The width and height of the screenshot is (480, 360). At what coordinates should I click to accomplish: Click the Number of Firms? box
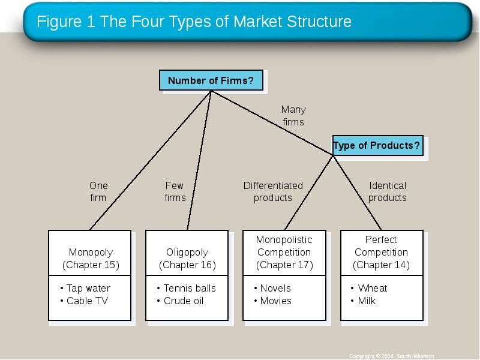211,80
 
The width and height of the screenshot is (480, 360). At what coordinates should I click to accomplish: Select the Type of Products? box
378,145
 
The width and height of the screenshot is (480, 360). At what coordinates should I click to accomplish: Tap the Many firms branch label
293,116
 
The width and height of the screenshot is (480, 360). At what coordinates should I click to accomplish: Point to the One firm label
98,191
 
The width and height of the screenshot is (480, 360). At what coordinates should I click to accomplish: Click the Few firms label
175,191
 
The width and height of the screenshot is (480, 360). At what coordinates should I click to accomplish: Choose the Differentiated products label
273,191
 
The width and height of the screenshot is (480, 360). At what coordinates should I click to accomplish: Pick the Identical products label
387,191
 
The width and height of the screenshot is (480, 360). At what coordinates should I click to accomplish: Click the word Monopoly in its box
91,252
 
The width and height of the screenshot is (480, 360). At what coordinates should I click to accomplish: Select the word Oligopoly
187,252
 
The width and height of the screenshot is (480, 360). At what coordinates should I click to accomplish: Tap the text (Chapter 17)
284,265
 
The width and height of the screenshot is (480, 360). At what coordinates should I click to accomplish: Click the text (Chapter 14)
381,265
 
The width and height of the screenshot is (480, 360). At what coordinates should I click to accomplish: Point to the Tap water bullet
85,288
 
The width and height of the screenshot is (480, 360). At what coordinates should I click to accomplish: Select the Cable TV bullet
84,301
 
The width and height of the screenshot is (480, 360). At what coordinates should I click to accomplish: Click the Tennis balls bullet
186,288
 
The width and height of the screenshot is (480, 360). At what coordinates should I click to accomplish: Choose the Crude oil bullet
180,301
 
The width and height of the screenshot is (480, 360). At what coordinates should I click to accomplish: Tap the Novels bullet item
272,288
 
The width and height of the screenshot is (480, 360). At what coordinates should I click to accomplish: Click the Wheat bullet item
368,288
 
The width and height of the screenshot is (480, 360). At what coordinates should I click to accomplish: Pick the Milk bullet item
363,301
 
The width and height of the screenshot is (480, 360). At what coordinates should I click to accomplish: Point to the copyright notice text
392,356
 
